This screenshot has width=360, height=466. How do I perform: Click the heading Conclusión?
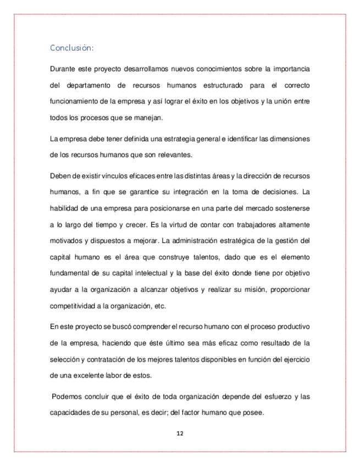[71, 48]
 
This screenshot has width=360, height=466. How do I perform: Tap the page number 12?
[180, 434]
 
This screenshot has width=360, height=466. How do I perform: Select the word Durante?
[64, 69]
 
